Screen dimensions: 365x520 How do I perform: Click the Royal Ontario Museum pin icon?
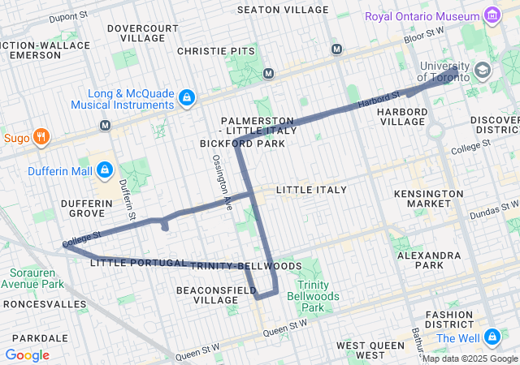pyautogui.click(x=491, y=16)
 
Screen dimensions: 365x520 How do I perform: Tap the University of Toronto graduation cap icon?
pyautogui.click(x=483, y=71)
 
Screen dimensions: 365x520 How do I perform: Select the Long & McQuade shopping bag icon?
pyautogui.click(x=187, y=98)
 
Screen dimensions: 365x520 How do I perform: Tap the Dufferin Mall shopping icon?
pyautogui.click(x=104, y=170)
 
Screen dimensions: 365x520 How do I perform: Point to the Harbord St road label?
pyautogui.click(x=378, y=101)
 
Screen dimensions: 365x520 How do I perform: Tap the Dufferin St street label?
pyautogui.click(x=128, y=198)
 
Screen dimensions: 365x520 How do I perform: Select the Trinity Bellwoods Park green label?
pyautogui.click(x=313, y=296)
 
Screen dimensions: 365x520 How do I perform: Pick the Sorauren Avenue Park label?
pyautogui.click(x=32, y=278)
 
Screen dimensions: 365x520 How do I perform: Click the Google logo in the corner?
pyautogui.click(x=27, y=354)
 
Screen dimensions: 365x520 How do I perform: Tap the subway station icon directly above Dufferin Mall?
pyautogui.click(x=105, y=125)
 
